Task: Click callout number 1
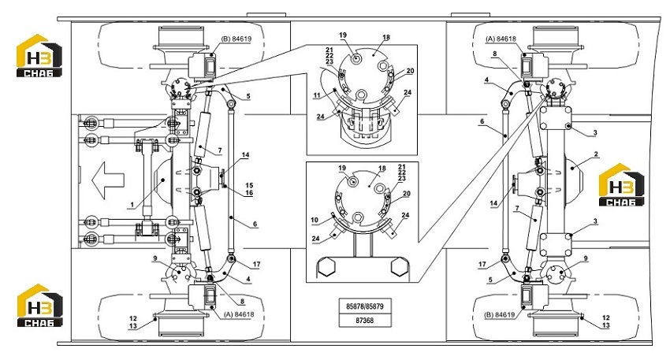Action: [x=132, y=205]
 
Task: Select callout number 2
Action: [x=596, y=154]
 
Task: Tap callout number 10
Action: [x=315, y=221]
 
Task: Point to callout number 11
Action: [x=317, y=96]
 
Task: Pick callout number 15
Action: [x=249, y=186]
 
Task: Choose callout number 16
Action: [x=249, y=193]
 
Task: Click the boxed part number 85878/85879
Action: [x=364, y=306]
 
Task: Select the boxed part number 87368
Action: [x=364, y=321]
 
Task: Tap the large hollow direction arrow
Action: [x=108, y=180]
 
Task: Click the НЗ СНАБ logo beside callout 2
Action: [x=621, y=185]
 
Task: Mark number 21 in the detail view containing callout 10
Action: [x=402, y=167]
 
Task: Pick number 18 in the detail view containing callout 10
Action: [x=382, y=169]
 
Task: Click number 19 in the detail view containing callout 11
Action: [x=343, y=35]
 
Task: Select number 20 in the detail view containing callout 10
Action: [x=407, y=194]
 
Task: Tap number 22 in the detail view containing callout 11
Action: [x=329, y=56]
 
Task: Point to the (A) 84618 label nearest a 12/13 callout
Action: [x=238, y=315]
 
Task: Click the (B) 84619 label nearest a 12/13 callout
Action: [x=500, y=316]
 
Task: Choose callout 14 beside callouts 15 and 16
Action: [x=245, y=155]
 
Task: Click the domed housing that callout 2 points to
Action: [x=574, y=170]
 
